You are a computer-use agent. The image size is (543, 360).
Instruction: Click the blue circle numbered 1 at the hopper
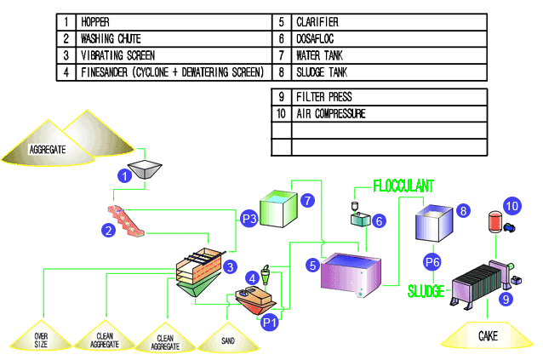coord(125,176)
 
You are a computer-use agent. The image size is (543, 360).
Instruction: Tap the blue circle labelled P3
coord(249,219)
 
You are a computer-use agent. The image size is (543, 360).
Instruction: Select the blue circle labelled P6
coord(432,261)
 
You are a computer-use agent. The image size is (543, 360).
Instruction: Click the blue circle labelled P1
coord(270,322)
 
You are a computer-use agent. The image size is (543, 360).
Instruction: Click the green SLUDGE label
coord(425,290)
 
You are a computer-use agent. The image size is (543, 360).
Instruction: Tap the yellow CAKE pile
coord(488,337)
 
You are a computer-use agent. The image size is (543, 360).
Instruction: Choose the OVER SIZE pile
coord(41,337)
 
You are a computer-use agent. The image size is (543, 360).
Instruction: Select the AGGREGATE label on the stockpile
coord(48,149)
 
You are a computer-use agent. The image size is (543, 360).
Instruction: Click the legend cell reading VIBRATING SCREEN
coord(169,55)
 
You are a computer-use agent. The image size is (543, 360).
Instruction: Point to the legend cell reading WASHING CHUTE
coord(169,38)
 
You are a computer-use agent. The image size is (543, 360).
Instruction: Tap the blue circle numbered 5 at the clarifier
coord(313,266)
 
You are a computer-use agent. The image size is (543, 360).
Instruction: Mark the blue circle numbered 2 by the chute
coord(109,229)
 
